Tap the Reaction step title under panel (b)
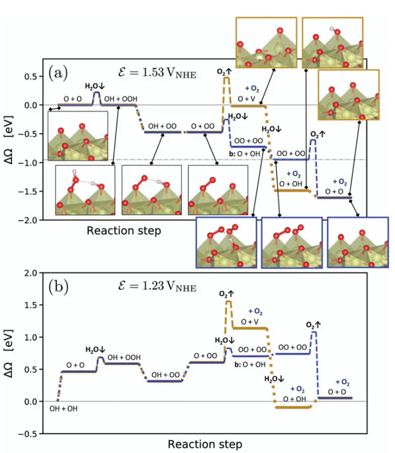coord(204,443)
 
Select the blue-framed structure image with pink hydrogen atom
coord(226,242)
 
